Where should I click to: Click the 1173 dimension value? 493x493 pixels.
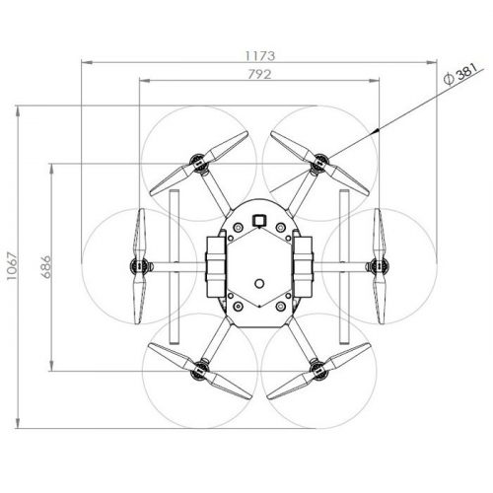tap(259, 56)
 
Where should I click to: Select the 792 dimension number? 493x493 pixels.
tap(259, 75)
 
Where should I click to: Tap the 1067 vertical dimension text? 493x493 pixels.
tap(12, 266)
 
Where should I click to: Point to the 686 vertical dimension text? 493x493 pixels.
tap(46, 266)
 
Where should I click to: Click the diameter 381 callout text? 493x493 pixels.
tap(459, 74)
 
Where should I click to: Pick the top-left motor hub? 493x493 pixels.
tap(199, 163)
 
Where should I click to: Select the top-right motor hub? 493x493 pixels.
tap(319, 163)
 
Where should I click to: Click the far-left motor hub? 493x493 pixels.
tap(140, 265)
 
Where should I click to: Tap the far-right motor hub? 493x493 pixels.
tap(379, 265)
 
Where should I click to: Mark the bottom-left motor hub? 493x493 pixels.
tap(199, 370)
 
